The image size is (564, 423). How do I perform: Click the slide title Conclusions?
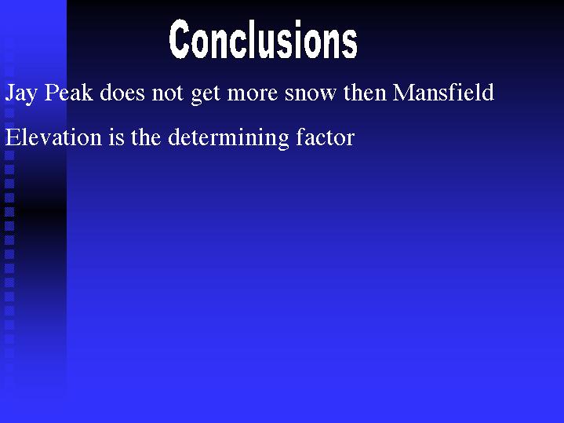coord(264,39)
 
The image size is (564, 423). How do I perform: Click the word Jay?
coord(21,93)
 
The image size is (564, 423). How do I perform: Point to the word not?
coord(167,93)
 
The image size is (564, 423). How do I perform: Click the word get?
coord(206,95)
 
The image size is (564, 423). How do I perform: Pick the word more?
coord(252,95)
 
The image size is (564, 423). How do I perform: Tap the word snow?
coord(311,95)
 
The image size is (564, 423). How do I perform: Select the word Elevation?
coord(53,137)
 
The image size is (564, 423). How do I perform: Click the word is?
coord(116,137)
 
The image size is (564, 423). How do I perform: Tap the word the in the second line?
coord(146,137)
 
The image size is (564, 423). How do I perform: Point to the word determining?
coord(228,139)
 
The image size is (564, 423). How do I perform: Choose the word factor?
coord(326,137)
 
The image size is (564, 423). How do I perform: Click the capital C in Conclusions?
coord(179,39)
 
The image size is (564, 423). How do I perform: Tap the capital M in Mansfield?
coord(405,93)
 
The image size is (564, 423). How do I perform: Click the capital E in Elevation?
coord(13,137)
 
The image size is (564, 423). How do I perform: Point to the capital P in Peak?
coord(51,93)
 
